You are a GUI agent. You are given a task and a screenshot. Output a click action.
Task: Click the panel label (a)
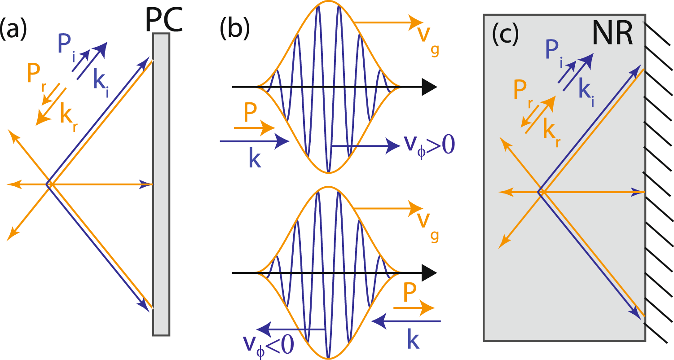click(15, 32)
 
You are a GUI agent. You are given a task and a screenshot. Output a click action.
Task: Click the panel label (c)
click(505, 33)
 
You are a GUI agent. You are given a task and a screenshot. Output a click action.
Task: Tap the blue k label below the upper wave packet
click(255, 160)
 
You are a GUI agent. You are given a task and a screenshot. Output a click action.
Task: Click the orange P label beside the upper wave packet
click(249, 115)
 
